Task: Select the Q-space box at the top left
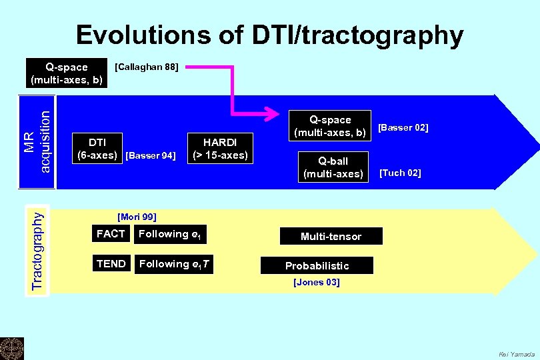point(67,73)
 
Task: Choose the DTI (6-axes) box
point(97,149)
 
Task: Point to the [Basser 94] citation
point(151,156)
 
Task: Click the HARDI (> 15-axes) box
point(220,149)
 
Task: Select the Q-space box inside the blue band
point(329,126)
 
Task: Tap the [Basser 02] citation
point(403,127)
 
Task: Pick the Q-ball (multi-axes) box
point(333,167)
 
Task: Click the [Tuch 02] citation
point(400,173)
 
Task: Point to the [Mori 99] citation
point(137,217)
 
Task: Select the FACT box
point(111,234)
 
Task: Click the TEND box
point(111,264)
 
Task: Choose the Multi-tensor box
point(331,237)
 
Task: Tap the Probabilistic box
point(317,265)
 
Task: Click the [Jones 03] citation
point(317,283)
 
